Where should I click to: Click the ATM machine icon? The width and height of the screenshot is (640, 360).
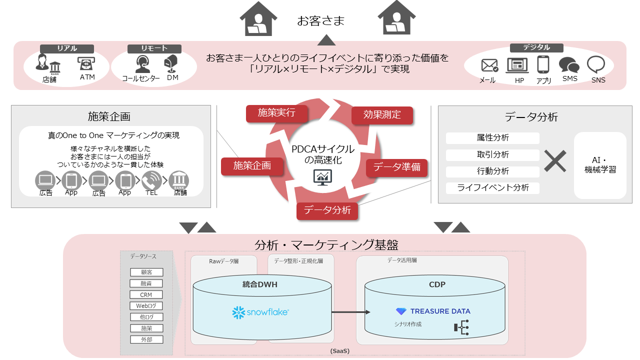coord(86,64)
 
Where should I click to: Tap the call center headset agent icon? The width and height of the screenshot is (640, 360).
coord(142,64)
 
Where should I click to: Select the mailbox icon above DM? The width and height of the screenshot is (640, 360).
coord(171,63)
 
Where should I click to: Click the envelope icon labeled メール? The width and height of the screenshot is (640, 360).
coord(489,65)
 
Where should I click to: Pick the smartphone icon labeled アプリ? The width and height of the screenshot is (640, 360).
coord(543,65)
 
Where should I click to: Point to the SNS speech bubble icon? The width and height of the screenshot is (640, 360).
coord(596,64)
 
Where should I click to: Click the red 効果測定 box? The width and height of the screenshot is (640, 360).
coord(382,115)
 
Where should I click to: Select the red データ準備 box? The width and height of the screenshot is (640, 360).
coord(397,167)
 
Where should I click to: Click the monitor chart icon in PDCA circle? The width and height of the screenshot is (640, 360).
coord(322,176)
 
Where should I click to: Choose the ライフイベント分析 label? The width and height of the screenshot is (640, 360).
coord(492,188)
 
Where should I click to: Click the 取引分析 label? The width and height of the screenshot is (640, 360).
coord(492,155)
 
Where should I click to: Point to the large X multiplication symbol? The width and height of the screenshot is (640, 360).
coord(555,161)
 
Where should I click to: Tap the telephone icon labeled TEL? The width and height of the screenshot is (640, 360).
coord(151,180)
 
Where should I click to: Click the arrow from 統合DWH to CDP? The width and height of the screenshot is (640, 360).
coord(350,312)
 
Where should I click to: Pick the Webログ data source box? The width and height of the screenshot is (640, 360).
coord(146,306)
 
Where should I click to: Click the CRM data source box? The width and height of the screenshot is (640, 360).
coord(146,294)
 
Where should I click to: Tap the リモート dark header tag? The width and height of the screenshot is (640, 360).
coord(154,48)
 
